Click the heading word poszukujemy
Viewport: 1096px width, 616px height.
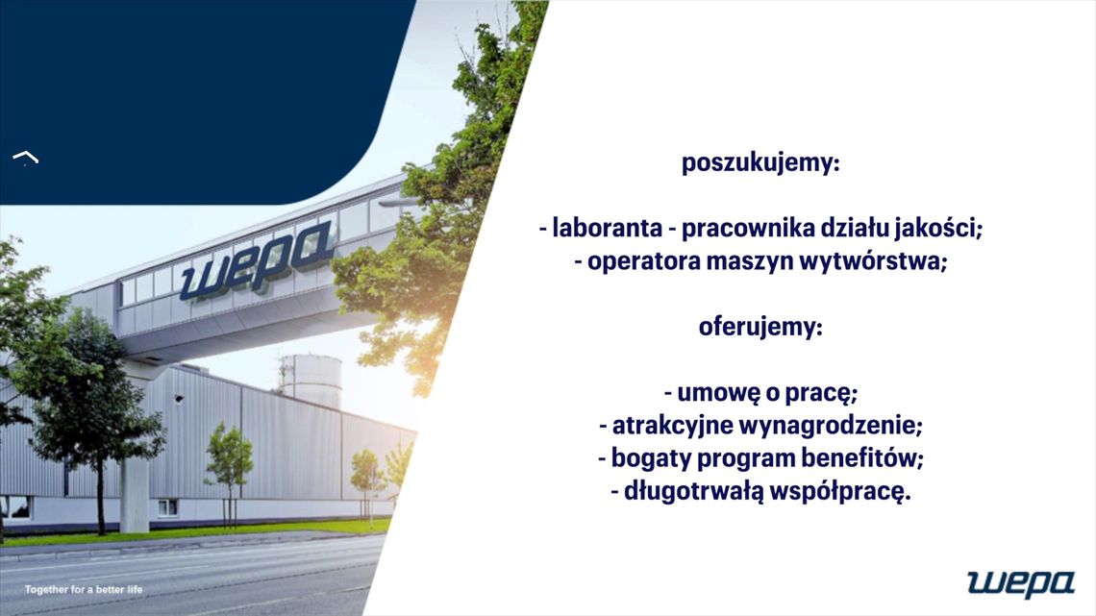[x=760, y=163]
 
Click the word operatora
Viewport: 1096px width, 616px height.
[x=633, y=261]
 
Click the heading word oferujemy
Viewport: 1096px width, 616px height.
[x=760, y=327]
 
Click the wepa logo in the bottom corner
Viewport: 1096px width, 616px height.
[x=1021, y=582]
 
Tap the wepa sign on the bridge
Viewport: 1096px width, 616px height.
[x=257, y=259]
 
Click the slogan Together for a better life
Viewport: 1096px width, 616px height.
[x=84, y=589]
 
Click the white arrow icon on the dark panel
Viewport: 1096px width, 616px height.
[x=25, y=158]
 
